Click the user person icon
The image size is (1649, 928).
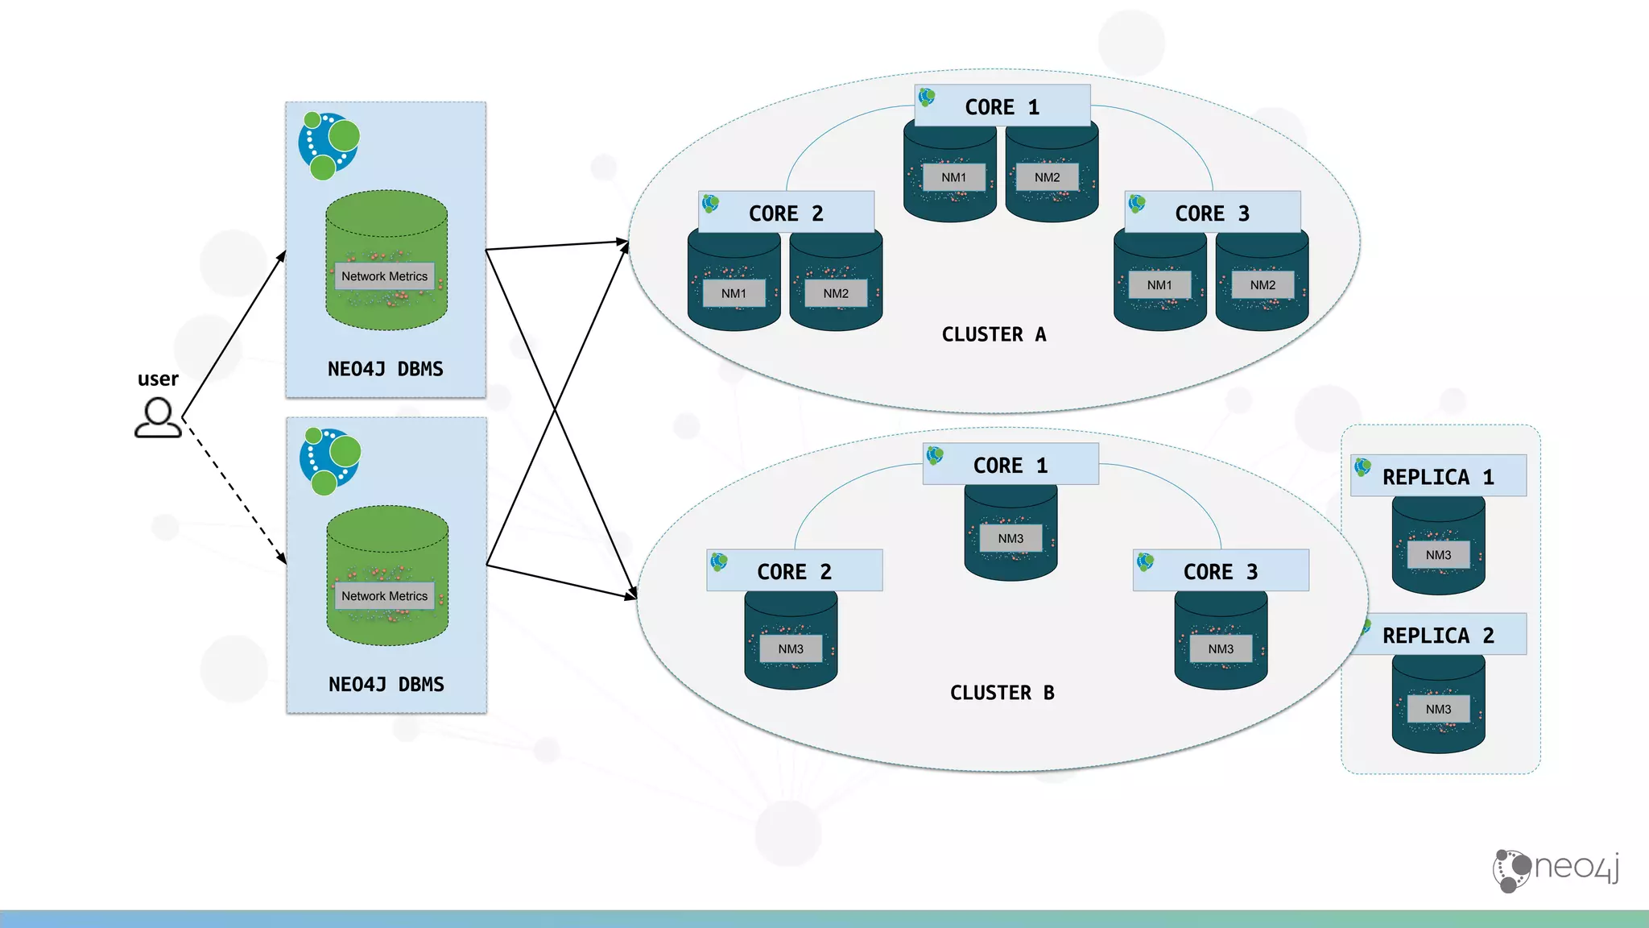[x=158, y=418]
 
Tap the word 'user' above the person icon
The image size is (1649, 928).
[x=158, y=379]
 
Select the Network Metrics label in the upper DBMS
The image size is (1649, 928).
[x=384, y=276]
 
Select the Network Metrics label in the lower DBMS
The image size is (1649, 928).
[x=384, y=596]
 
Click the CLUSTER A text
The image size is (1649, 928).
[x=994, y=334]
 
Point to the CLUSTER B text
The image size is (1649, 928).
[x=1002, y=693]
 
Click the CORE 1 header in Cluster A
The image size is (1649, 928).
[x=1002, y=106]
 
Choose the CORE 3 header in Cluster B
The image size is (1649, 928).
[x=1221, y=571]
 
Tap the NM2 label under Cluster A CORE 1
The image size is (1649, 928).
[x=1047, y=177]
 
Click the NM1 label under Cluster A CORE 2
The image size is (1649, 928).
[x=734, y=293]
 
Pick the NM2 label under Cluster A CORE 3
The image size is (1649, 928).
[x=1263, y=285]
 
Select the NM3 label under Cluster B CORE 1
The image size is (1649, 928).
[x=1010, y=538]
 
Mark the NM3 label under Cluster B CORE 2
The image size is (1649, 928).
[x=791, y=648]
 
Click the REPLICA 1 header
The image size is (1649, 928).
[x=1438, y=476]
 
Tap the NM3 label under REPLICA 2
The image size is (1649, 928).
[x=1438, y=709]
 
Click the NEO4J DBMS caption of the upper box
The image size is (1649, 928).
[x=385, y=369]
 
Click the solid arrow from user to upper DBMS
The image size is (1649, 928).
[x=234, y=335]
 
